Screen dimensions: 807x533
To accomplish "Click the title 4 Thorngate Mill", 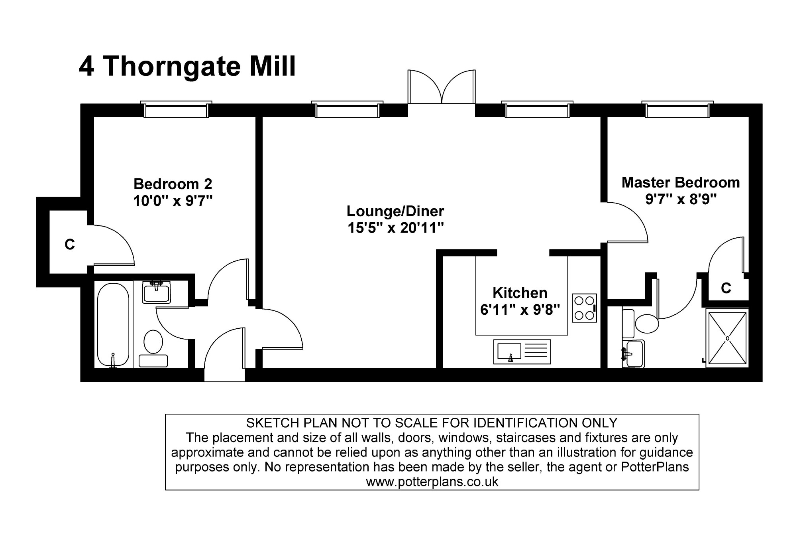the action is click(187, 66).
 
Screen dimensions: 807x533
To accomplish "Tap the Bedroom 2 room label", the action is click(173, 184).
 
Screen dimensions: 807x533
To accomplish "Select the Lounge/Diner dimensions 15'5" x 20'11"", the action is click(395, 228).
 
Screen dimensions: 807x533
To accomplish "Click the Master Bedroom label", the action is click(680, 182).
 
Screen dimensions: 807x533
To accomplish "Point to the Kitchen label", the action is click(520, 293).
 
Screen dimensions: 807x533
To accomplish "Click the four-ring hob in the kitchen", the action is click(584, 308).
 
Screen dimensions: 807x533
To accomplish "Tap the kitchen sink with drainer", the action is click(522, 351).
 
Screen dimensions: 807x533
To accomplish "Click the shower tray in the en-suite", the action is click(727, 338).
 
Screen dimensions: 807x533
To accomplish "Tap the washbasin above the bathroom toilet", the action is click(156, 292).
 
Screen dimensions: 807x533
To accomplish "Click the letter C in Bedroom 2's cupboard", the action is click(70, 244).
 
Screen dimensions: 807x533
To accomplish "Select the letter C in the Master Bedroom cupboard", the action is click(726, 288).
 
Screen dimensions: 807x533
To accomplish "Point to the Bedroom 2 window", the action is click(176, 110).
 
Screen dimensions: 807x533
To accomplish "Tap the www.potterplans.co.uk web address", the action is click(432, 482).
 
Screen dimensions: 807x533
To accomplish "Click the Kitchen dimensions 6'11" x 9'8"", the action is click(520, 310).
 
